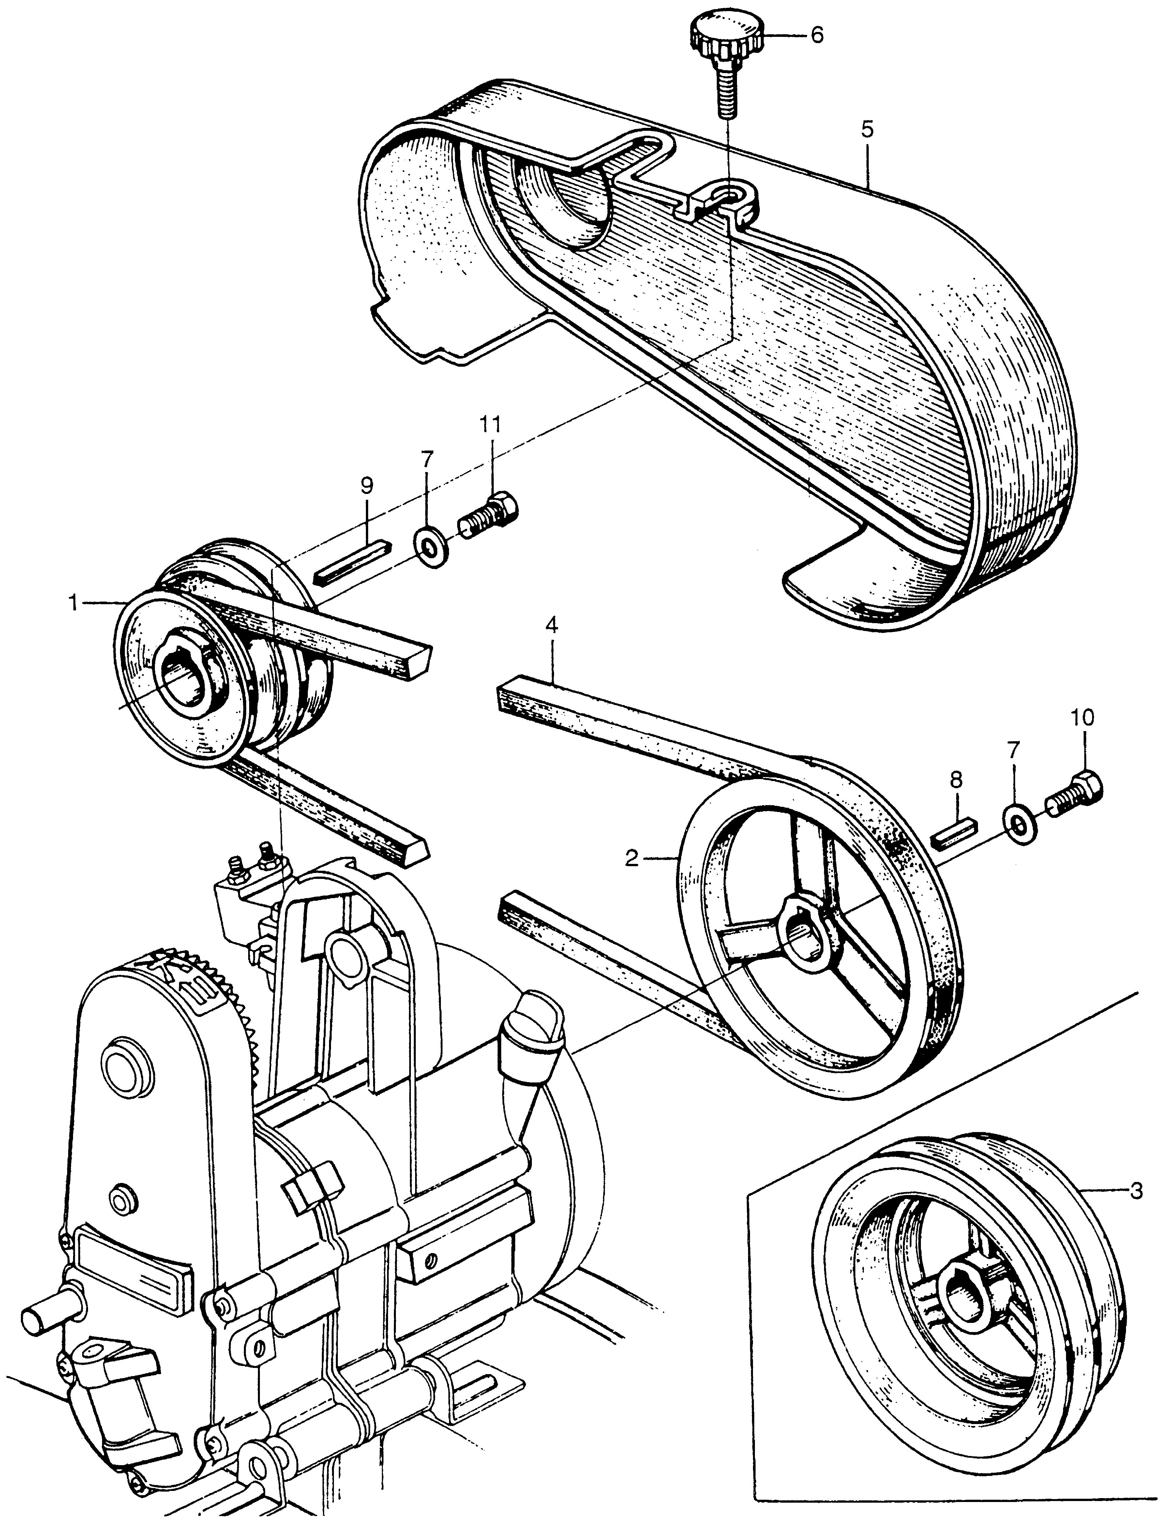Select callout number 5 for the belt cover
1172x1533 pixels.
click(867, 130)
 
